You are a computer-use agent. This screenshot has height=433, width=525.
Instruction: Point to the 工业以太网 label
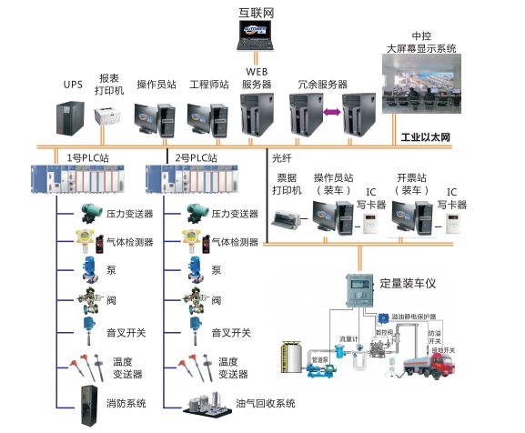tap(426, 138)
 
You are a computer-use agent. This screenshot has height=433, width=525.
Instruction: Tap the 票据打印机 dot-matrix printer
tap(290, 216)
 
